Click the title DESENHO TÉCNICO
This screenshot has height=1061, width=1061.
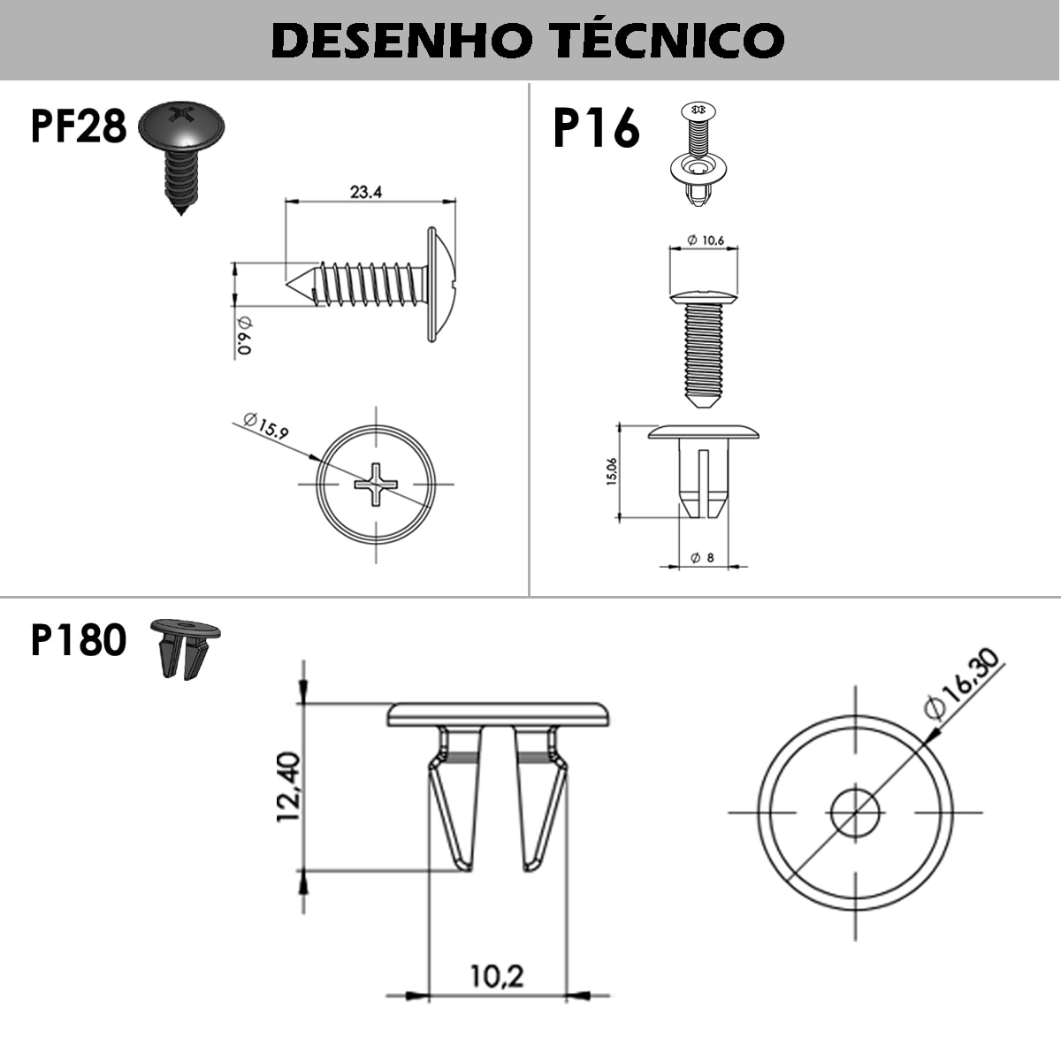click(x=529, y=40)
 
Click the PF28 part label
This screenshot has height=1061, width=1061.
click(x=79, y=126)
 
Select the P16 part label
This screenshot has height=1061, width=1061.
click(x=596, y=128)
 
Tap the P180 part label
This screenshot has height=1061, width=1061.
click(x=79, y=639)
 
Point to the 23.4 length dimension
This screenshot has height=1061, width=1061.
click(x=365, y=192)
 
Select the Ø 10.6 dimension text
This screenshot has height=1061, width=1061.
click(x=705, y=240)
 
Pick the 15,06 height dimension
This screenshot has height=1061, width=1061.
click(x=611, y=471)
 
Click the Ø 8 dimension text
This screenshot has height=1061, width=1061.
click(x=703, y=558)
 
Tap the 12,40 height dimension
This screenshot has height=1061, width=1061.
click(x=289, y=787)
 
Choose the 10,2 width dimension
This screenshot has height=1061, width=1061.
click(x=496, y=976)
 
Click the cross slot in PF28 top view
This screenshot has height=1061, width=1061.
click(x=377, y=484)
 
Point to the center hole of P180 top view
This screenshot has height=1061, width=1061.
click(x=855, y=812)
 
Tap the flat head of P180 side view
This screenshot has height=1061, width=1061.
click(x=499, y=714)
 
